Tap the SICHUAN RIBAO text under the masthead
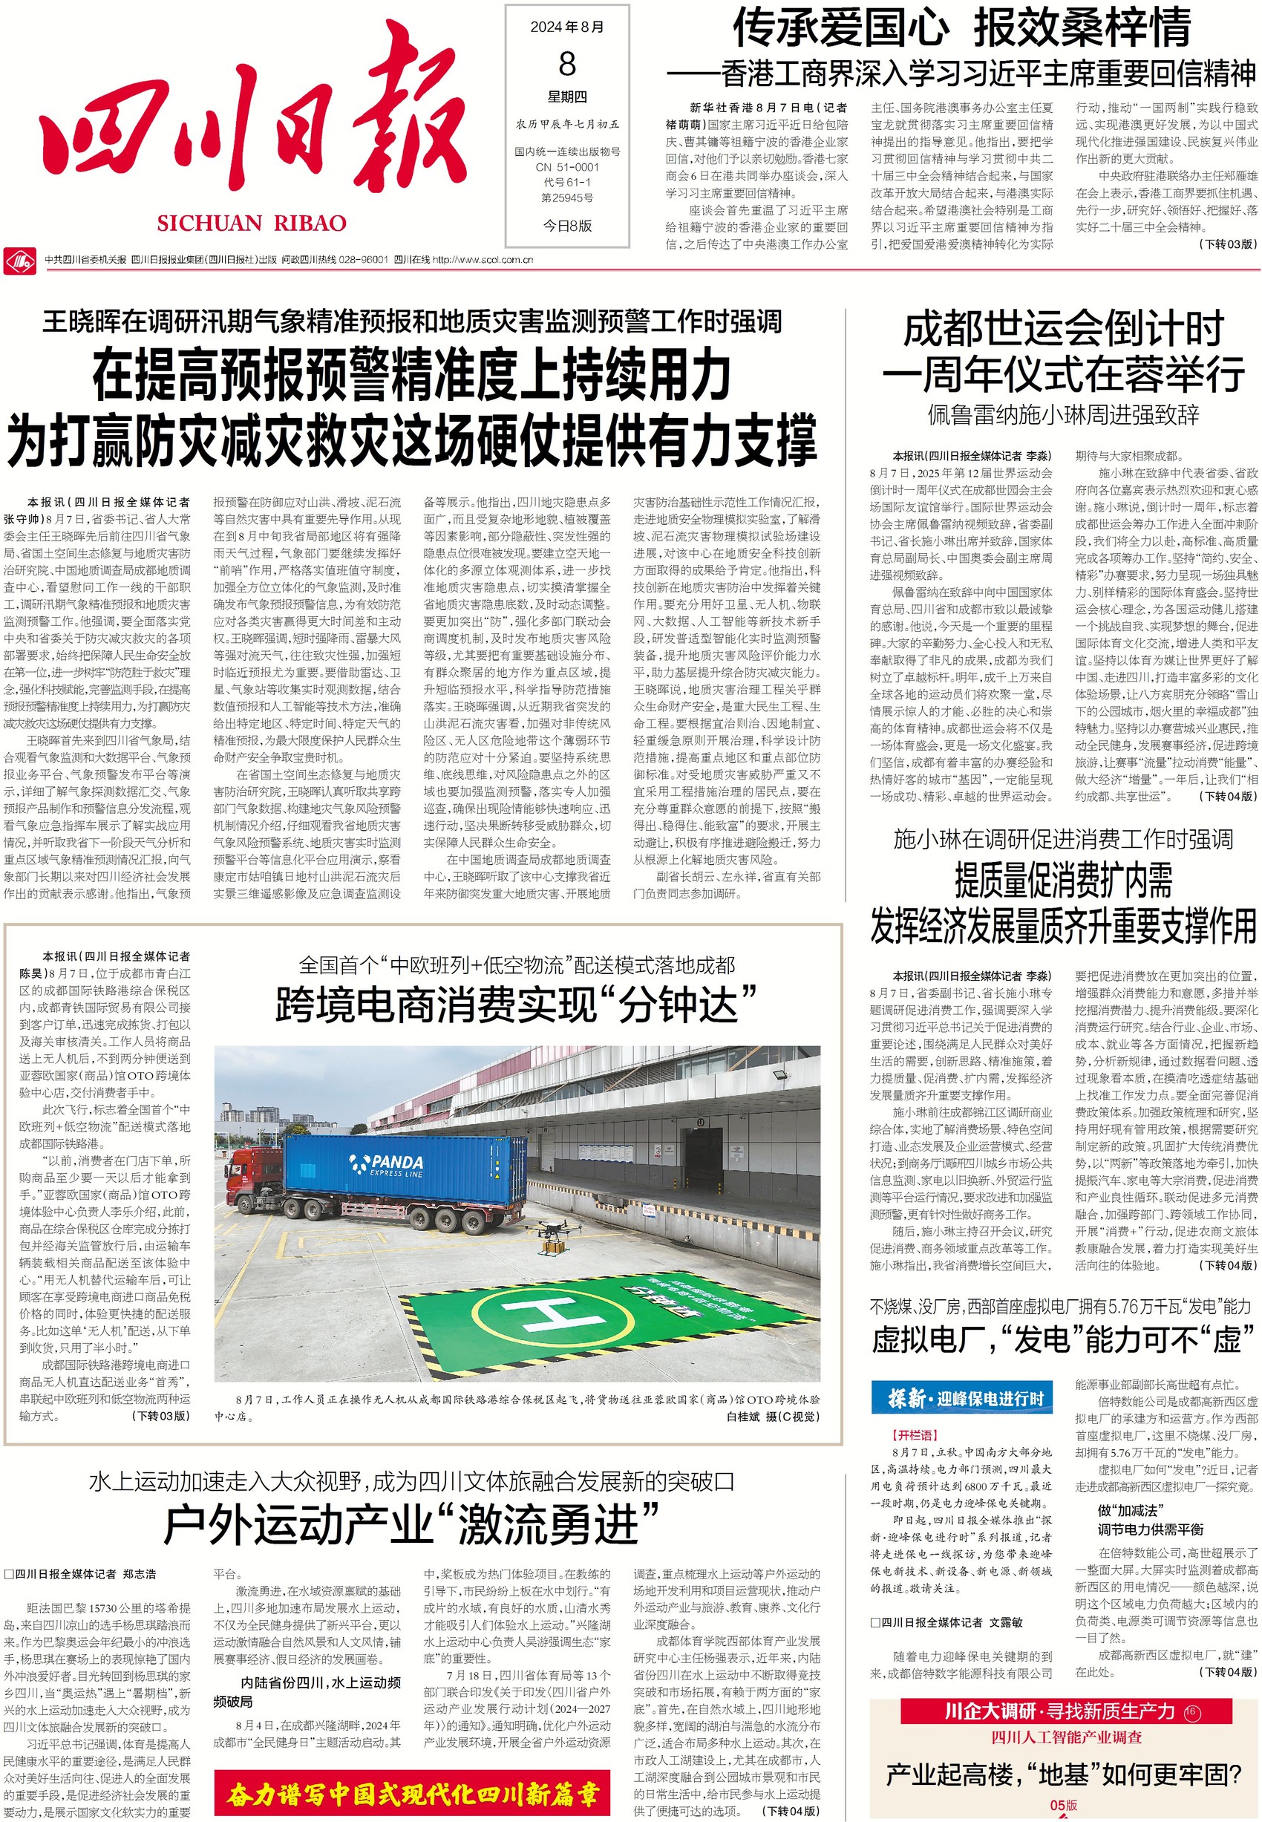point(252,223)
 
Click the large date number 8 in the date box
point(567,63)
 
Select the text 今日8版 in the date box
point(567,226)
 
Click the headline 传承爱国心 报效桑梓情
point(961,28)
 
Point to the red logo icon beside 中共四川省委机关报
point(19,259)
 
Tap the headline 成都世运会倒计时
point(1064,328)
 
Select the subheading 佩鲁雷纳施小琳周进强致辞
point(1064,415)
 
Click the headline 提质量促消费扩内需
point(1064,880)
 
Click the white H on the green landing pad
point(546,1315)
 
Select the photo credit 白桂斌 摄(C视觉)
point(773,1417)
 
